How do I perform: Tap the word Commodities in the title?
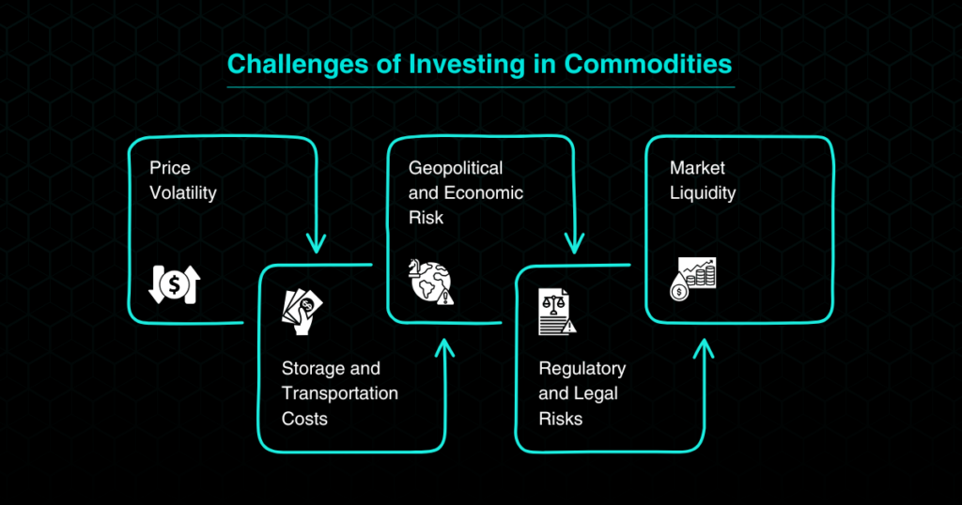648,64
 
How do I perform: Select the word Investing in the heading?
467,65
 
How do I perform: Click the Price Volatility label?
183,180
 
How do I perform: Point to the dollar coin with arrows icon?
175,284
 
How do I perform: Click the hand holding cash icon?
302,313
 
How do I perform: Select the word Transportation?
340,393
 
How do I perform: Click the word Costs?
304,419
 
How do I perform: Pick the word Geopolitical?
456,168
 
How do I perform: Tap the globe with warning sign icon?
431,282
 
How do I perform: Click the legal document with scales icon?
557,312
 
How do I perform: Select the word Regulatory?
582,368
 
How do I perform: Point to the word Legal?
595,393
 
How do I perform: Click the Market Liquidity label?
703,180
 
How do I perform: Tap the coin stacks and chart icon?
692,279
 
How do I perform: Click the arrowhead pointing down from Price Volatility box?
316,243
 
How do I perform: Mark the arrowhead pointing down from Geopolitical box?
574,243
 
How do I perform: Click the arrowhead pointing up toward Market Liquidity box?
704,349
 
